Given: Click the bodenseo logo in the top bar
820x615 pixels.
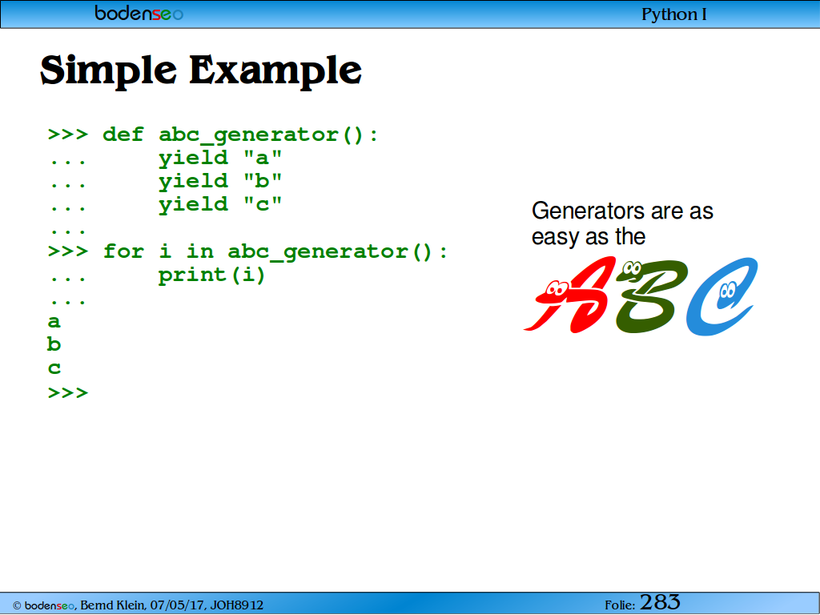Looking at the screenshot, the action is [x=139, y=13].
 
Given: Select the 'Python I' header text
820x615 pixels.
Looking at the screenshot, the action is [x=674, y=14].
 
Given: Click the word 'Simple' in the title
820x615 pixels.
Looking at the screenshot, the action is [x=109, y=70].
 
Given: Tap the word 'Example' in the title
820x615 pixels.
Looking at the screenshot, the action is [x=275, y=70].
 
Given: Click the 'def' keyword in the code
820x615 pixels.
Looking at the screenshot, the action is [x=123, y=135].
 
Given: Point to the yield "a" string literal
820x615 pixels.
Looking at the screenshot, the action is [x=263, y=158].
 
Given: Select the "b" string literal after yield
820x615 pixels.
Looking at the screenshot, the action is [x=263, y=180].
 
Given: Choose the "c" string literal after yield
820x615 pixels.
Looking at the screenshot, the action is [x=263, y=204].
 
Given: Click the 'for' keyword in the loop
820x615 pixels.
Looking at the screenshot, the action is [x=123, y=251].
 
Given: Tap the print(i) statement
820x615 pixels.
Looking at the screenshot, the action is [x=211, y=275].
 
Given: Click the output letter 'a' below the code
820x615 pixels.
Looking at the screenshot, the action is [x=54, y=322].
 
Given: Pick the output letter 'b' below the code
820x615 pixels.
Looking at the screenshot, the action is [x=54, y=344].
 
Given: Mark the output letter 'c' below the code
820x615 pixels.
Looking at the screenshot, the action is [x=54, y=368].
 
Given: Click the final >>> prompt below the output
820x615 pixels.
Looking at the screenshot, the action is [x=68, y=392].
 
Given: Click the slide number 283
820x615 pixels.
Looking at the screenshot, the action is [x=660, y=602].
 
